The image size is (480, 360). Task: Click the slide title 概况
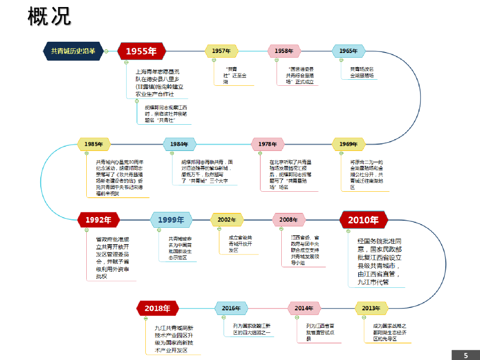(x=49, y=16)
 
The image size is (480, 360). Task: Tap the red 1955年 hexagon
(x=141, y=51)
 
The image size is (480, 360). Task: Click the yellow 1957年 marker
(x=221, y=51)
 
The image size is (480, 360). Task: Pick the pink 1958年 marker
(x=284, y=51)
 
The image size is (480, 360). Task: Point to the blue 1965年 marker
(x=348, y=51)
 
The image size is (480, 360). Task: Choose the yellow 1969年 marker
(x=348, y=144)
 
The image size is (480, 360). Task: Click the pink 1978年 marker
(x=268, y=144)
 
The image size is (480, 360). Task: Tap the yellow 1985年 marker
(x=94, y=144)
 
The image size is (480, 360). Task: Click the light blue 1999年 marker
(x=171, y=219)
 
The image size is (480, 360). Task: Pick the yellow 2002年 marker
(x=227, y=219)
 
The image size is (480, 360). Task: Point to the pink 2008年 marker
(x=289, y=219)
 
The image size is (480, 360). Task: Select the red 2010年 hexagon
(x=363, y=219)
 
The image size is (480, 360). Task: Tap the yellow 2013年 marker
(x=371, y=308)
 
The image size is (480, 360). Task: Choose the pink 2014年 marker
(x=304, y=308)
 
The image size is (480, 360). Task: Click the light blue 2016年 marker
(x=231, y=308)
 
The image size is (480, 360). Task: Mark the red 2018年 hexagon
(x=157, y=308)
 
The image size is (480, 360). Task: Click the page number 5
(x=465, y=355)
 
